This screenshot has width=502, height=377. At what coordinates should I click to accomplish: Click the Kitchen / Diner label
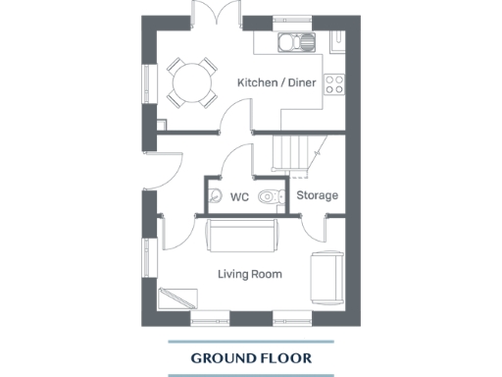(276, 82)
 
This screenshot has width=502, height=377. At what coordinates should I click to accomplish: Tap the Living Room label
(249, 274)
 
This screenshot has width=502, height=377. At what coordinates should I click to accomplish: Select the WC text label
(239, 196)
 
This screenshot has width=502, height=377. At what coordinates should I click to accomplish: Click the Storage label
(318, 195)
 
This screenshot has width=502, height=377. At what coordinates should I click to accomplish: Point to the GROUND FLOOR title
(250, 358)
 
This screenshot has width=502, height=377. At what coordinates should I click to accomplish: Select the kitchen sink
(293, 42)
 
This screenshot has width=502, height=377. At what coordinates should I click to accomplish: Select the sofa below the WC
(241, 236)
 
